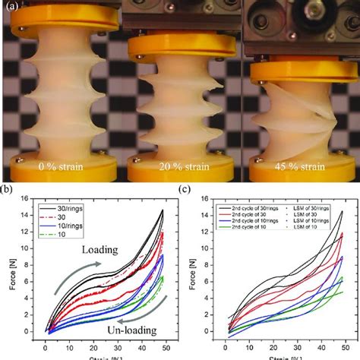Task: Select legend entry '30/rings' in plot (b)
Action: [76, 206]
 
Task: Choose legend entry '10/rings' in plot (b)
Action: [76, 225]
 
